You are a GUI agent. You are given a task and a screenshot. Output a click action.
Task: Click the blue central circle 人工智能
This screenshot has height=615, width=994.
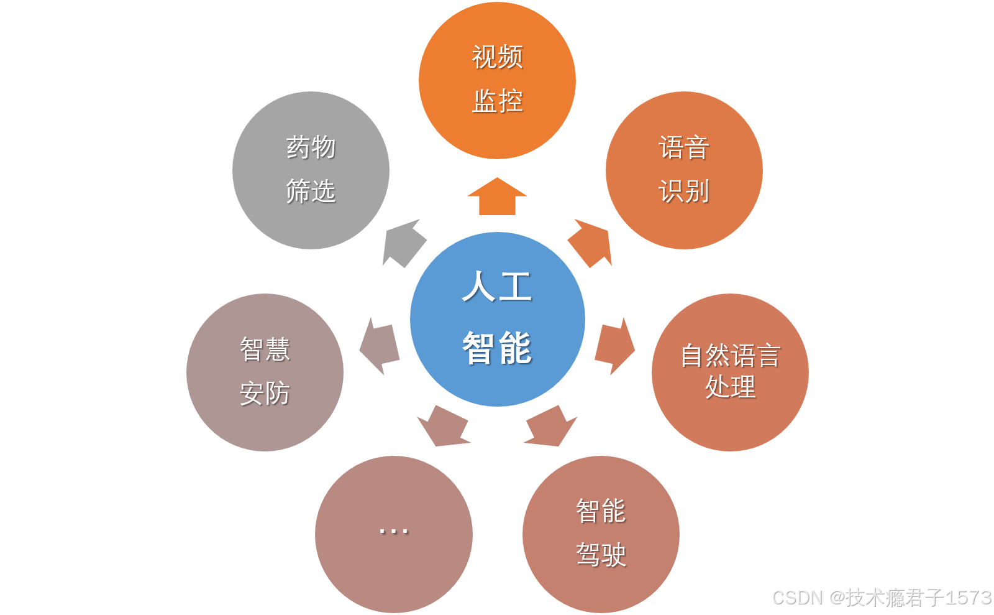(497, 319)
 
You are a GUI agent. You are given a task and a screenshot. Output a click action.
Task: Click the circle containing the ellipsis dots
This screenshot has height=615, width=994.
(393, 534)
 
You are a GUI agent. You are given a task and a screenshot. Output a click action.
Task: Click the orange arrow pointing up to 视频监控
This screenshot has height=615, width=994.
(497, 197)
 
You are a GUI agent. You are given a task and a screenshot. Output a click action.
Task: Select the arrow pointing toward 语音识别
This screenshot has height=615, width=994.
(590, 243)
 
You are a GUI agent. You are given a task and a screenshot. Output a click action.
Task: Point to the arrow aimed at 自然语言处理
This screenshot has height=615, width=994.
(614, 346)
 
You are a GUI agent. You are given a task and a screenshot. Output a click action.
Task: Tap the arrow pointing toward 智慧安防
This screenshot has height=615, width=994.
(380, 346)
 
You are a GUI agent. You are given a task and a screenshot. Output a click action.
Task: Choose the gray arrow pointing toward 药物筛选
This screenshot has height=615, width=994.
(404, 243)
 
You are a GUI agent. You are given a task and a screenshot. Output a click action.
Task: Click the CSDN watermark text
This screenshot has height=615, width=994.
(881, 597)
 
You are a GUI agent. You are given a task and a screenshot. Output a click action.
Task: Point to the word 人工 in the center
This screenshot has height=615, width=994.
(497, 287)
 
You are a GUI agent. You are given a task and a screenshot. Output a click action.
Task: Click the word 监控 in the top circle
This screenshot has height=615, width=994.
(497, 101)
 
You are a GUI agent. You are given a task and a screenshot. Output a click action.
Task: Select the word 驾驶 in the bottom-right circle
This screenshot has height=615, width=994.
(601, 555)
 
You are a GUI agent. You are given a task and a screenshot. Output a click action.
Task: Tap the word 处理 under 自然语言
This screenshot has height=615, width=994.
(730, 387)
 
